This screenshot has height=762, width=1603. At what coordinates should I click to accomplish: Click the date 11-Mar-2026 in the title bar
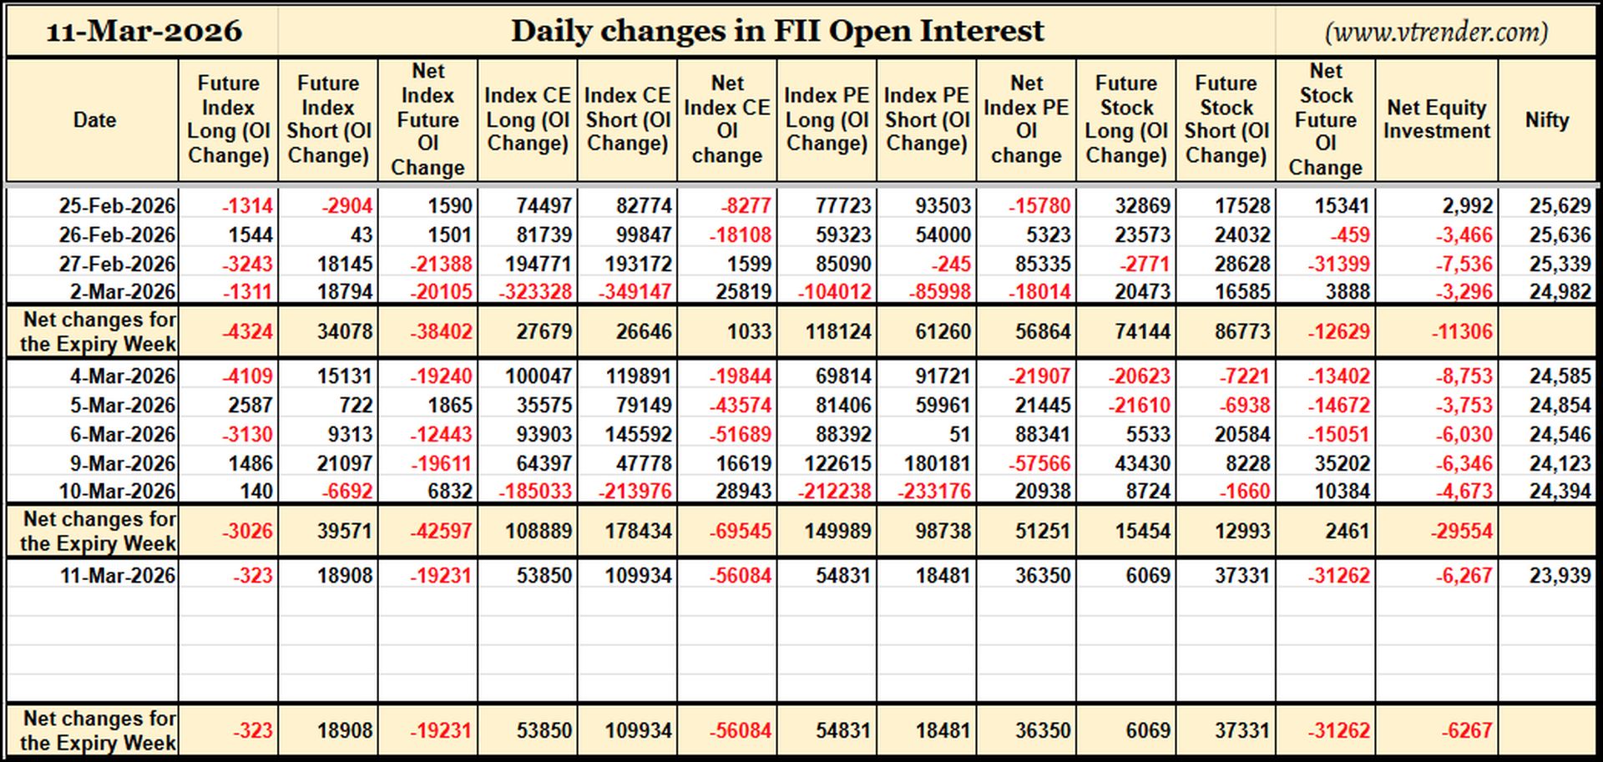pos(144,32)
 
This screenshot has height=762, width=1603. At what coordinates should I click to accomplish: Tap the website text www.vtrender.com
pos(1436,32)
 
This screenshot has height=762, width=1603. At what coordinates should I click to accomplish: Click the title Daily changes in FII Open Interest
pos(777,31)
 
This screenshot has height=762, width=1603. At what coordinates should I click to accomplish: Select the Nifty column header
pos(1547,120)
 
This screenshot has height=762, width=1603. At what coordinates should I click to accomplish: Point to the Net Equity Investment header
pos(1436,119)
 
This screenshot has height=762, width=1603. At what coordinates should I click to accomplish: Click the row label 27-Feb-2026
pos(117,264)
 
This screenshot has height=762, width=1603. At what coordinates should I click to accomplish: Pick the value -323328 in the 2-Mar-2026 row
pos(535,292)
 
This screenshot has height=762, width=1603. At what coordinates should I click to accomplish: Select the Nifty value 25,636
pos(1560,235)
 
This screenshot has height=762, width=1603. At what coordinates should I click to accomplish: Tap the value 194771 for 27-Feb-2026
pos(538,264)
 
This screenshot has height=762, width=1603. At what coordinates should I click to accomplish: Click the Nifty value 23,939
pos(1560,575)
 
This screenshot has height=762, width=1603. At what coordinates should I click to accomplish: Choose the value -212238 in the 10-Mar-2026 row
pos(834,491)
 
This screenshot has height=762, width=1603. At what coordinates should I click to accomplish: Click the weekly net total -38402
pos(440,331)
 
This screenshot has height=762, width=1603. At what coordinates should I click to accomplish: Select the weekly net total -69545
pos(740,531)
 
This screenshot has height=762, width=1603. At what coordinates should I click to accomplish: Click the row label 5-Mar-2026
pos(123,405)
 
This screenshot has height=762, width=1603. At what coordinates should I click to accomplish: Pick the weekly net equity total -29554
pos(1461,531)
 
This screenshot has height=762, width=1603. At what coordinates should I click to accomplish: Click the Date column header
pos(94,120)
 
